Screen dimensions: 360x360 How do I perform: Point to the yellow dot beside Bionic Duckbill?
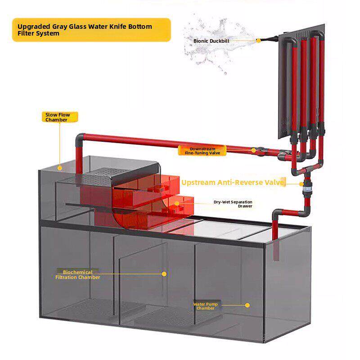(259, 40)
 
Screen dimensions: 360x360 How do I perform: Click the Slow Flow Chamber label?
(58, 117)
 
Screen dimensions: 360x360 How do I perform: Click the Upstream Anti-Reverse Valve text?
(233, 182)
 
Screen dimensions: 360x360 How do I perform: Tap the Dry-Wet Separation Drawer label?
(233, 204)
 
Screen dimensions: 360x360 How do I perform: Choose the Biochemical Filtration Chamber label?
(77, 274)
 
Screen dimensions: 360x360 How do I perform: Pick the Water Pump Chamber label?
(205, 306)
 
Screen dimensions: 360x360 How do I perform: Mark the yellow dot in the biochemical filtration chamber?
(164, 274)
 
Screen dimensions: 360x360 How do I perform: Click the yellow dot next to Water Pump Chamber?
(247, 305)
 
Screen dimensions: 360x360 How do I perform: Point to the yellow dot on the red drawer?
(177, 203)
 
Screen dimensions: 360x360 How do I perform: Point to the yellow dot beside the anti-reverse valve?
(301, 184)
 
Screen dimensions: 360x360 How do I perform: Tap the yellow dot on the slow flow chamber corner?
(60, 167)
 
